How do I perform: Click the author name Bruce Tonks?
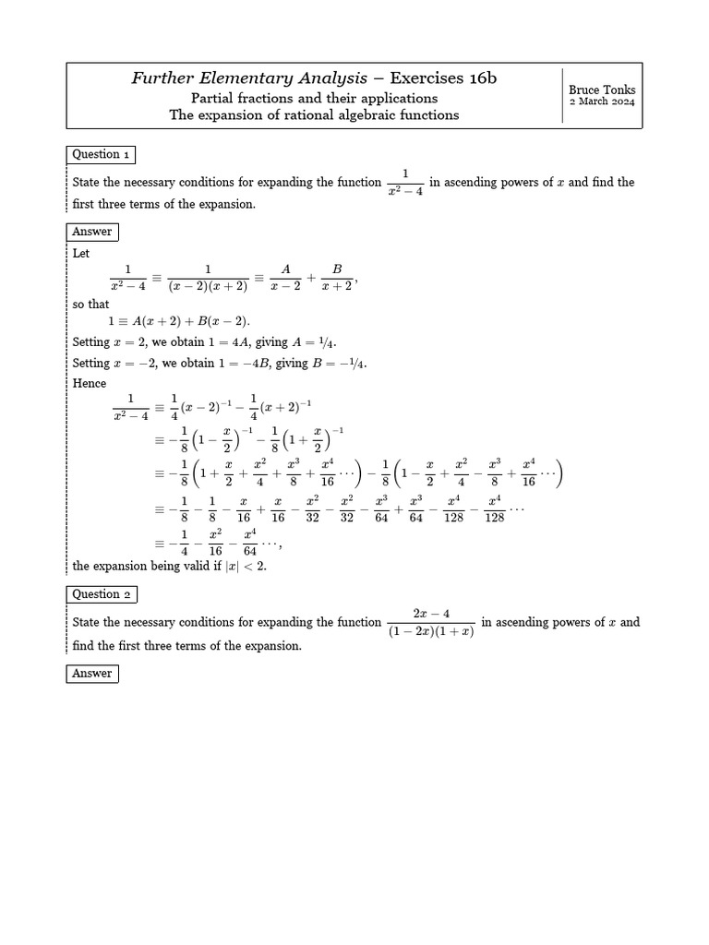(x=602, y=90)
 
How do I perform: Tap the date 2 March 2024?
(x=602, y=102)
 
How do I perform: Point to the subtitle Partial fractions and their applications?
(x=314, y=98)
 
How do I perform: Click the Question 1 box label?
(x=102, y=155)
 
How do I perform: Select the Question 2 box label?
(x=102, y=594)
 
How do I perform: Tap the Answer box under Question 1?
(x=92, y=232)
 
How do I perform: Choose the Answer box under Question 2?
(x=92, y=674)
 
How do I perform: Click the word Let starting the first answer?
(x=81, y=253)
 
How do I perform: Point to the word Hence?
(x=90, y=383)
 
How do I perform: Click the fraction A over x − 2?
(x=286, y=277)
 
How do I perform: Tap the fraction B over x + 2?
(x=337, y=277)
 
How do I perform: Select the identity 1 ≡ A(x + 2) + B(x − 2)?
(x=178, y=322)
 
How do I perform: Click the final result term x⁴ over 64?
(x=250, y=543)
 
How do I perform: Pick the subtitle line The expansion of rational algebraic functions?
(x=314, y=115)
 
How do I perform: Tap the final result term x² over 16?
(x=215, y=543)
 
